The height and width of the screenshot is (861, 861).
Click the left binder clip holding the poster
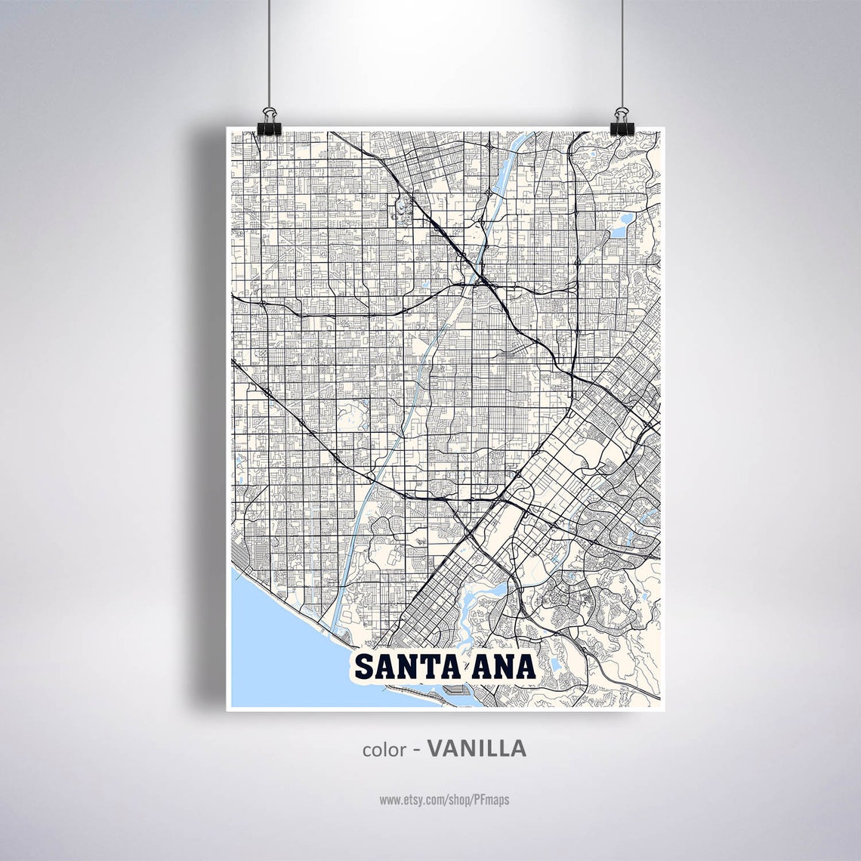point(268,122)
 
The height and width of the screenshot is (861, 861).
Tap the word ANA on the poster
point(505,666)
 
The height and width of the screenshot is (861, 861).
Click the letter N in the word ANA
point(505,666)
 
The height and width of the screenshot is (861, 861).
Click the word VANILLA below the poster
point(477,748)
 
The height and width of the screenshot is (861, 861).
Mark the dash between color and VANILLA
point(416,750)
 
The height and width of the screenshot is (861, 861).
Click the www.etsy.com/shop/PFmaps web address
point(444,799)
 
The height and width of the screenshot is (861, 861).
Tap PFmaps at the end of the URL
point(492,799)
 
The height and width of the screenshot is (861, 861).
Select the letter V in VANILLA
point(436,748)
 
